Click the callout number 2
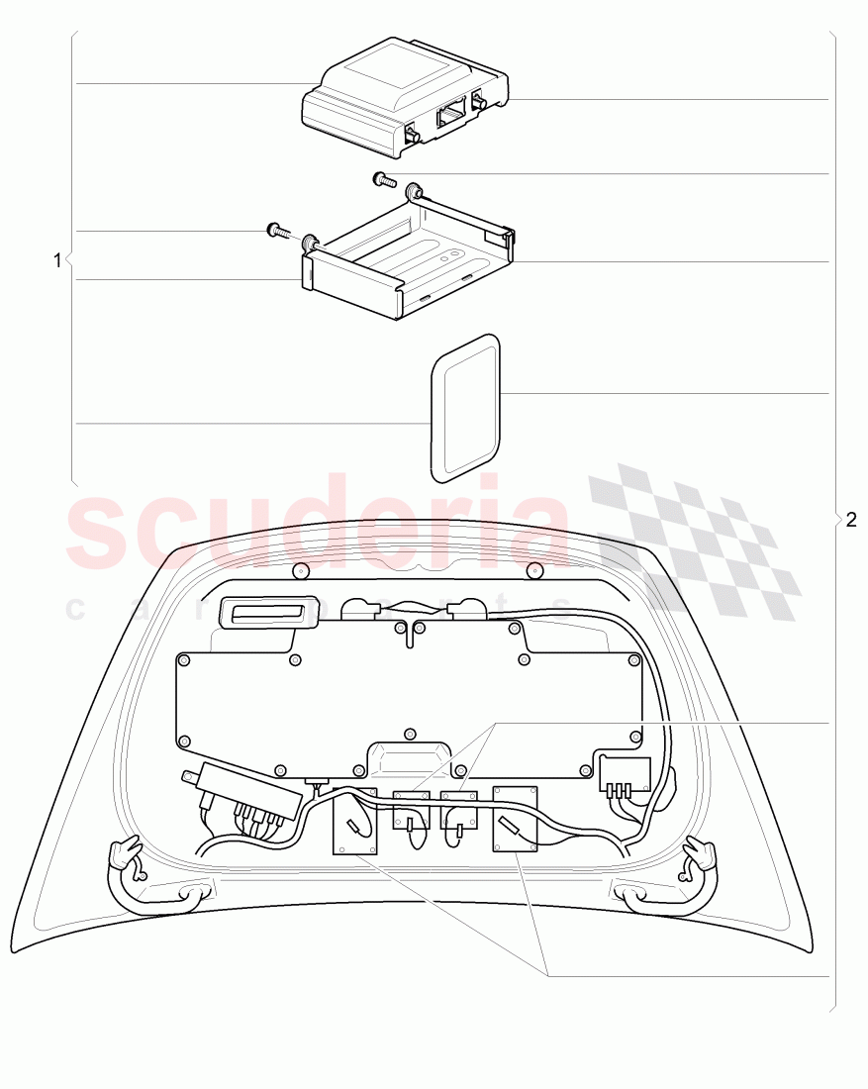[851, 520]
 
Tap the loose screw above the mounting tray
[383, 180]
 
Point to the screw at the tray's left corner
[277, 233]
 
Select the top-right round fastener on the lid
[534, 569]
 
